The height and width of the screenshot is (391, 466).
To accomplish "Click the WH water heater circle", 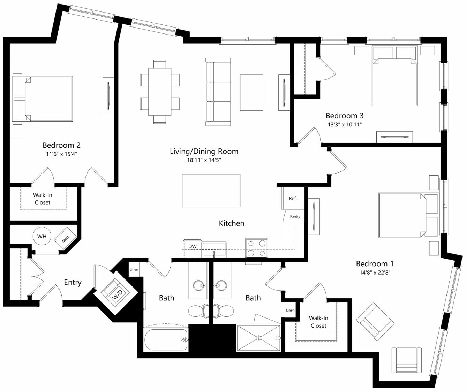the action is [42, 236].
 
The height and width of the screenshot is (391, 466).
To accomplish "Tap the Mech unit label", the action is [66, 239].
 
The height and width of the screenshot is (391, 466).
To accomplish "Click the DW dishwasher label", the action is [193, 246].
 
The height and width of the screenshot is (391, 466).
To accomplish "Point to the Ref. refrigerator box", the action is [293, 198].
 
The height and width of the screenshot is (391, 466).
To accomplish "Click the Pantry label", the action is [295, 216].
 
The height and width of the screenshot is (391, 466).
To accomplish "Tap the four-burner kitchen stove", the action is [256, 248].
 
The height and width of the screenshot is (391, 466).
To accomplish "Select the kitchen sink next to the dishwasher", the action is [214, 249].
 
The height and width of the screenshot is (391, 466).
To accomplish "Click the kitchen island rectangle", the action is [211, 191].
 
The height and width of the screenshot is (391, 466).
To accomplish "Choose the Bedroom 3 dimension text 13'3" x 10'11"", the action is [345, 124].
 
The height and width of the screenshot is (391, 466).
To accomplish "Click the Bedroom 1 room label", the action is [375, 264].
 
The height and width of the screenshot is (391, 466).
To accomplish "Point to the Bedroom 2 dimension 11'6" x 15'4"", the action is [62, 154].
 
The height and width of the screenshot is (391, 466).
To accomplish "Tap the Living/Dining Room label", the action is [204, 151].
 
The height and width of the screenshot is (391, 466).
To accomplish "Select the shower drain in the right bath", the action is [258, 338].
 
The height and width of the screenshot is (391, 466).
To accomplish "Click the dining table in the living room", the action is [160, 92].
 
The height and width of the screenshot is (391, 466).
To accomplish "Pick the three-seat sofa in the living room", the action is [218, 92].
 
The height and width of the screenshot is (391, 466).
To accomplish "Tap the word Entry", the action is [73, 282].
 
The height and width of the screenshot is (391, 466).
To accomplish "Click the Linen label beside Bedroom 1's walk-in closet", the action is [290, 310].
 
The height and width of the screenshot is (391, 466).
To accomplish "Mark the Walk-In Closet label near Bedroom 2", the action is [43, 199].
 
